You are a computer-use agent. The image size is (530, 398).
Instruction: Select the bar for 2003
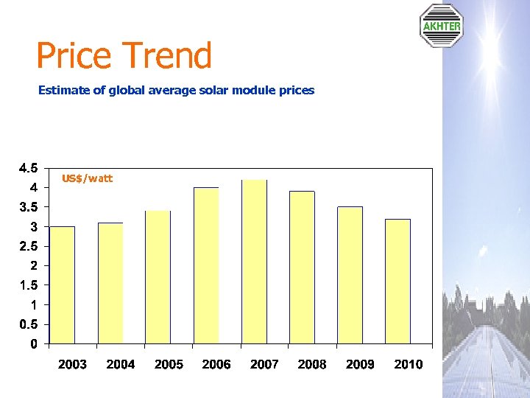click(x=62, y=284)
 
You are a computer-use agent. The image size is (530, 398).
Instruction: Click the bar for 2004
click(x=110, y=283)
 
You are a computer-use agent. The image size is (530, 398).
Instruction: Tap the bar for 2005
click(x=158, y=277)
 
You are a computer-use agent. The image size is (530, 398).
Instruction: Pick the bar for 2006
click(x=206, y=265)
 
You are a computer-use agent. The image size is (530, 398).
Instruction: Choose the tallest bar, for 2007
click(x=254, y=262)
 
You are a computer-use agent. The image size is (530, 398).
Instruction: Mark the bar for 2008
click(x=302, y=268)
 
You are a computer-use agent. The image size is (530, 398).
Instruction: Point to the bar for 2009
click(x=350, y=275)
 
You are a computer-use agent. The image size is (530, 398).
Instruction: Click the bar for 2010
click(x=397, y=281)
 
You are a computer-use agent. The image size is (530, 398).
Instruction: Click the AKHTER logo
click(x=441, y=26)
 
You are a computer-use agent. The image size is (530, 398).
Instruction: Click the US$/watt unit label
click(x=87, y=178)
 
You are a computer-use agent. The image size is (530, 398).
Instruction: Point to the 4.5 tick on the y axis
click(x=29, y=167)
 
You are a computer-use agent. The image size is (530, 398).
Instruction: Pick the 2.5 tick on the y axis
click(x=29, y=246)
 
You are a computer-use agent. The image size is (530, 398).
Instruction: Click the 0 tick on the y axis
click(x=34, y=344)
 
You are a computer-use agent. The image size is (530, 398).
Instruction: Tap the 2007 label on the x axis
click(x=264, y=364)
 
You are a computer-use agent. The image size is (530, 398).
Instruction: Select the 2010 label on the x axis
click(x=409, y=364)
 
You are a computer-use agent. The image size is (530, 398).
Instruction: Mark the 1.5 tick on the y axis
click(x=29, y=285)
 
